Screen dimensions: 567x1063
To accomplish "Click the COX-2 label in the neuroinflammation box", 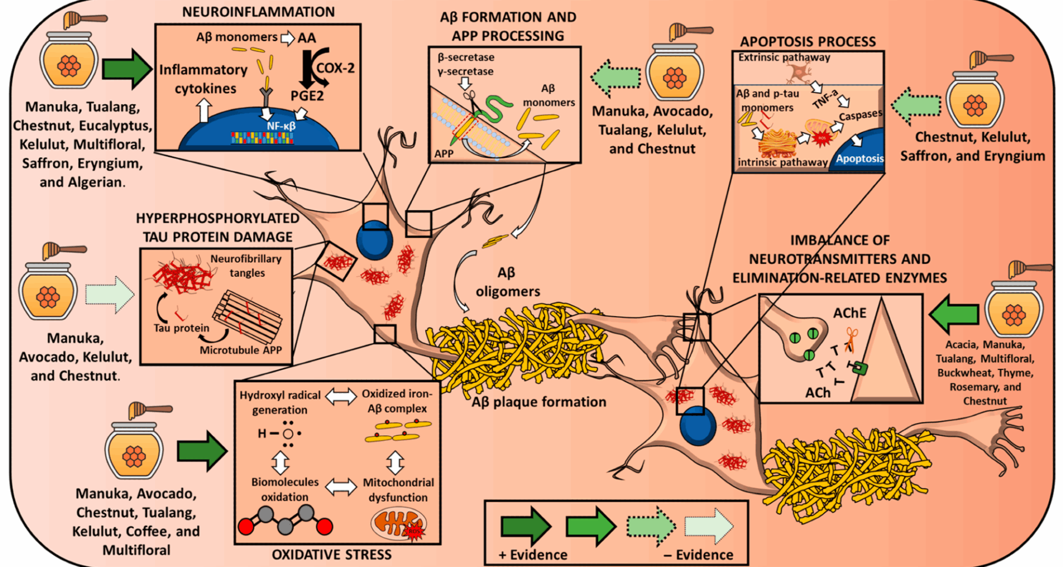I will pos(335,68).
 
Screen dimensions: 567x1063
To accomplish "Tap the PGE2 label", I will pos(307,96).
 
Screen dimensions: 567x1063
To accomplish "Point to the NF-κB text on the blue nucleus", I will pos(281,126).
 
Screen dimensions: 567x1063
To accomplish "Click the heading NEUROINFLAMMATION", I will pos(258,12).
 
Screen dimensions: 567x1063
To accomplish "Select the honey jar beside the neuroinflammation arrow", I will pos(69,59).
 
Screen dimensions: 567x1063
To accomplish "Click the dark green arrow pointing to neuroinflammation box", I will pos(127,69).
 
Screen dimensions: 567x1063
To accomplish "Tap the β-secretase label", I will pos(466,57).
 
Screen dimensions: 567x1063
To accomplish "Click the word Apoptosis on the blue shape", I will pos(859,158).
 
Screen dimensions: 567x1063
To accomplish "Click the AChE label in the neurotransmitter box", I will pos(849,313).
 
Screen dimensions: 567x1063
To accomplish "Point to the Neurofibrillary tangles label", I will pos(246,266).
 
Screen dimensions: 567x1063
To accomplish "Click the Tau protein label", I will pos(182,328).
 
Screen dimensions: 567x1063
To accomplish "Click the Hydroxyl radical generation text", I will pos(280,403).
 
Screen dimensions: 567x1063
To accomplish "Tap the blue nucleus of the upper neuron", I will pos(374,241).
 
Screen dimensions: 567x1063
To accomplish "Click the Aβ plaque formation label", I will pos(539,402).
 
